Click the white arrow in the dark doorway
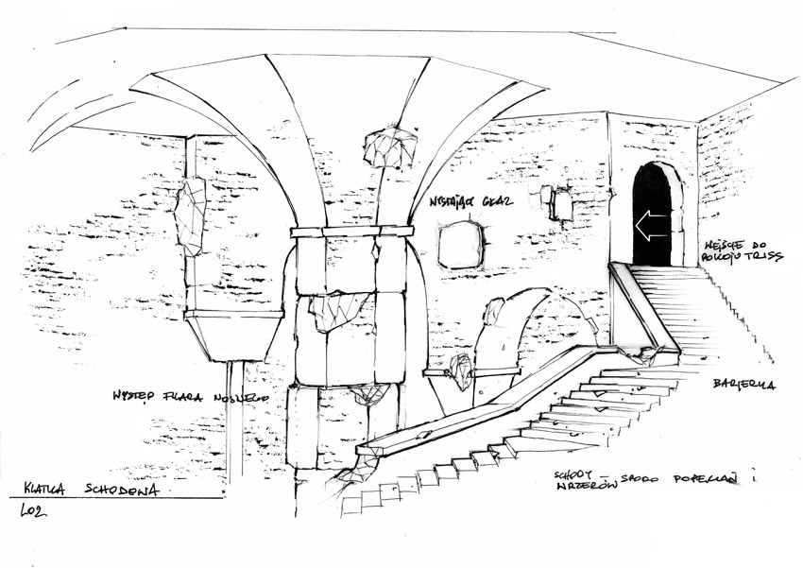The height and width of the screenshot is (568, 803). point(651,226)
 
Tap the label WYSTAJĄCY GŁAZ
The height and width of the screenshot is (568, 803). point(470,201)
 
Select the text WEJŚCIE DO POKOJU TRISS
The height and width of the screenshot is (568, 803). point(743,250)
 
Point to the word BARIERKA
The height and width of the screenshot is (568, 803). point(744,385)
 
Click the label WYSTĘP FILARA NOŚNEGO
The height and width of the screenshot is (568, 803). point(190,397)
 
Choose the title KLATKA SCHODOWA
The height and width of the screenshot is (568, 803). point(91,490)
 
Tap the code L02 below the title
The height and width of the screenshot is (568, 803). point(33,511)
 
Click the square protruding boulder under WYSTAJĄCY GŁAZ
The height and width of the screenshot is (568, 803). point(461,245)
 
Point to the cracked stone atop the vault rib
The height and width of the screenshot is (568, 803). point(390,146)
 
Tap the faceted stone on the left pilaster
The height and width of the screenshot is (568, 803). point(191,215)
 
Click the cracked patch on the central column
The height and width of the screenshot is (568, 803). point(339,310)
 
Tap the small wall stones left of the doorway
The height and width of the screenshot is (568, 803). point(557,202)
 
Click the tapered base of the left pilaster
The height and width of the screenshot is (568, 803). point(232,336)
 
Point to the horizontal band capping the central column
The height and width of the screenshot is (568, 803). point(351,231)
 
